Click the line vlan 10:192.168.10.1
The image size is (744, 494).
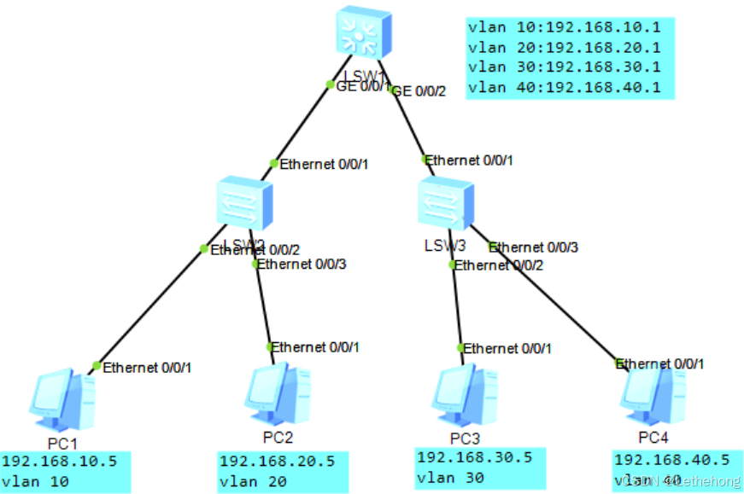564,26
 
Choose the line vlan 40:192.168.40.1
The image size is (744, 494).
564,87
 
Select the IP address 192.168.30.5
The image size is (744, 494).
475,457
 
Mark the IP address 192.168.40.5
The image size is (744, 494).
671,459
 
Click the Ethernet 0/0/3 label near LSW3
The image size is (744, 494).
534,247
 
